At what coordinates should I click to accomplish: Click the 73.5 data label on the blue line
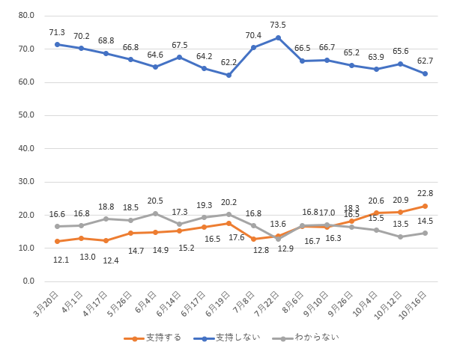click(x=278, y=25)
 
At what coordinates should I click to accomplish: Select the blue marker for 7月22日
click(x=278, y=37)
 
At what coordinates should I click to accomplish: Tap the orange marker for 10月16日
click(x=426, y=206)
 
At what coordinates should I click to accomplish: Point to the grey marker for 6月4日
click(x=155, y=213)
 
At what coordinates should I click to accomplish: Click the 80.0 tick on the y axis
click(x=26, y=16)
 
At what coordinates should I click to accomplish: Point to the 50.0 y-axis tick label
click(x=26, y=115)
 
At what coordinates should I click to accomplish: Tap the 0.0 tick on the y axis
click(x=28, y=281)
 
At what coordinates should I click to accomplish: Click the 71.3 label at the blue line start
click(x=57, y=32)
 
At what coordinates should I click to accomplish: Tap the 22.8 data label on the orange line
click(x=426, y=194)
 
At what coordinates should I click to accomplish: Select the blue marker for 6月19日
click(x=229, y=75)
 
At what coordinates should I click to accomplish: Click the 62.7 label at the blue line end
click(x=426, y=61)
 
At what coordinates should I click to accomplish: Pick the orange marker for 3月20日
click(x=57, y=241)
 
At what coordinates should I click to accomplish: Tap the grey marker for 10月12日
click(x=401, y=237)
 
